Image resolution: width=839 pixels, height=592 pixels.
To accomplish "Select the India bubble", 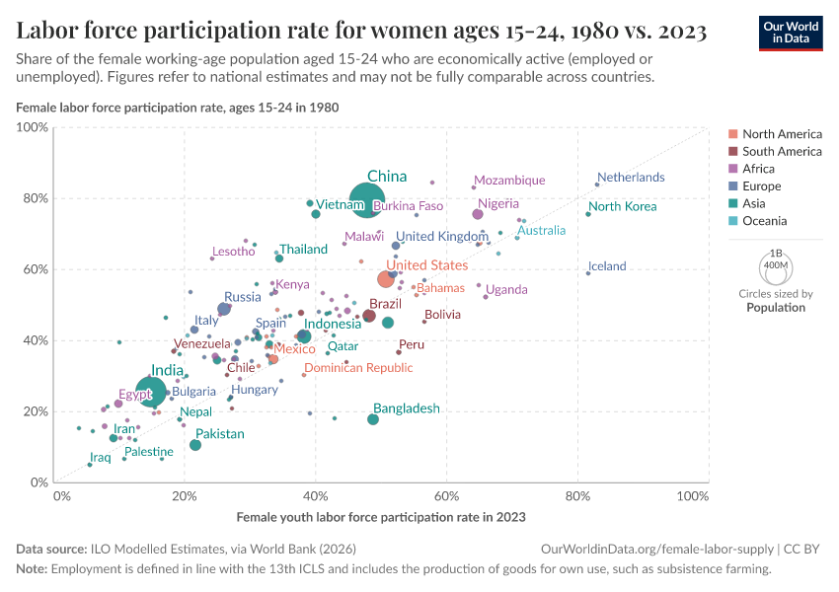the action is (151, 392).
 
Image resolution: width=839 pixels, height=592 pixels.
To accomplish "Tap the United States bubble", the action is (386, 279).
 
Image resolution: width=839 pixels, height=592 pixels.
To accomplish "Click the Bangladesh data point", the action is (373, 419).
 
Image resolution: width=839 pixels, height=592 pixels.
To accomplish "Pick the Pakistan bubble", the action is (195, 445).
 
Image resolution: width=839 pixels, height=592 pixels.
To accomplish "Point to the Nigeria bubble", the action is (478, 214).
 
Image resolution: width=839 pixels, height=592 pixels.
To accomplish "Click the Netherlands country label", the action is (631, 178).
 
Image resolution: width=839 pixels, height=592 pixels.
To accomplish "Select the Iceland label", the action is (607, 266).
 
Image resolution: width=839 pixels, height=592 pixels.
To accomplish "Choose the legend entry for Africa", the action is (760, 169).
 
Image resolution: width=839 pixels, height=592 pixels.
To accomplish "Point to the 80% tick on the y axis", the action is (34, 198).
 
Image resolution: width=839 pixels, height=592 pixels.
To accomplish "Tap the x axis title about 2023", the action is (381, 517).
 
